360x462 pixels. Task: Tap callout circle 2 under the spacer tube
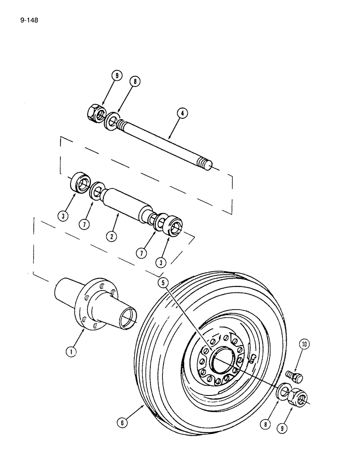click(x=111, y=236)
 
